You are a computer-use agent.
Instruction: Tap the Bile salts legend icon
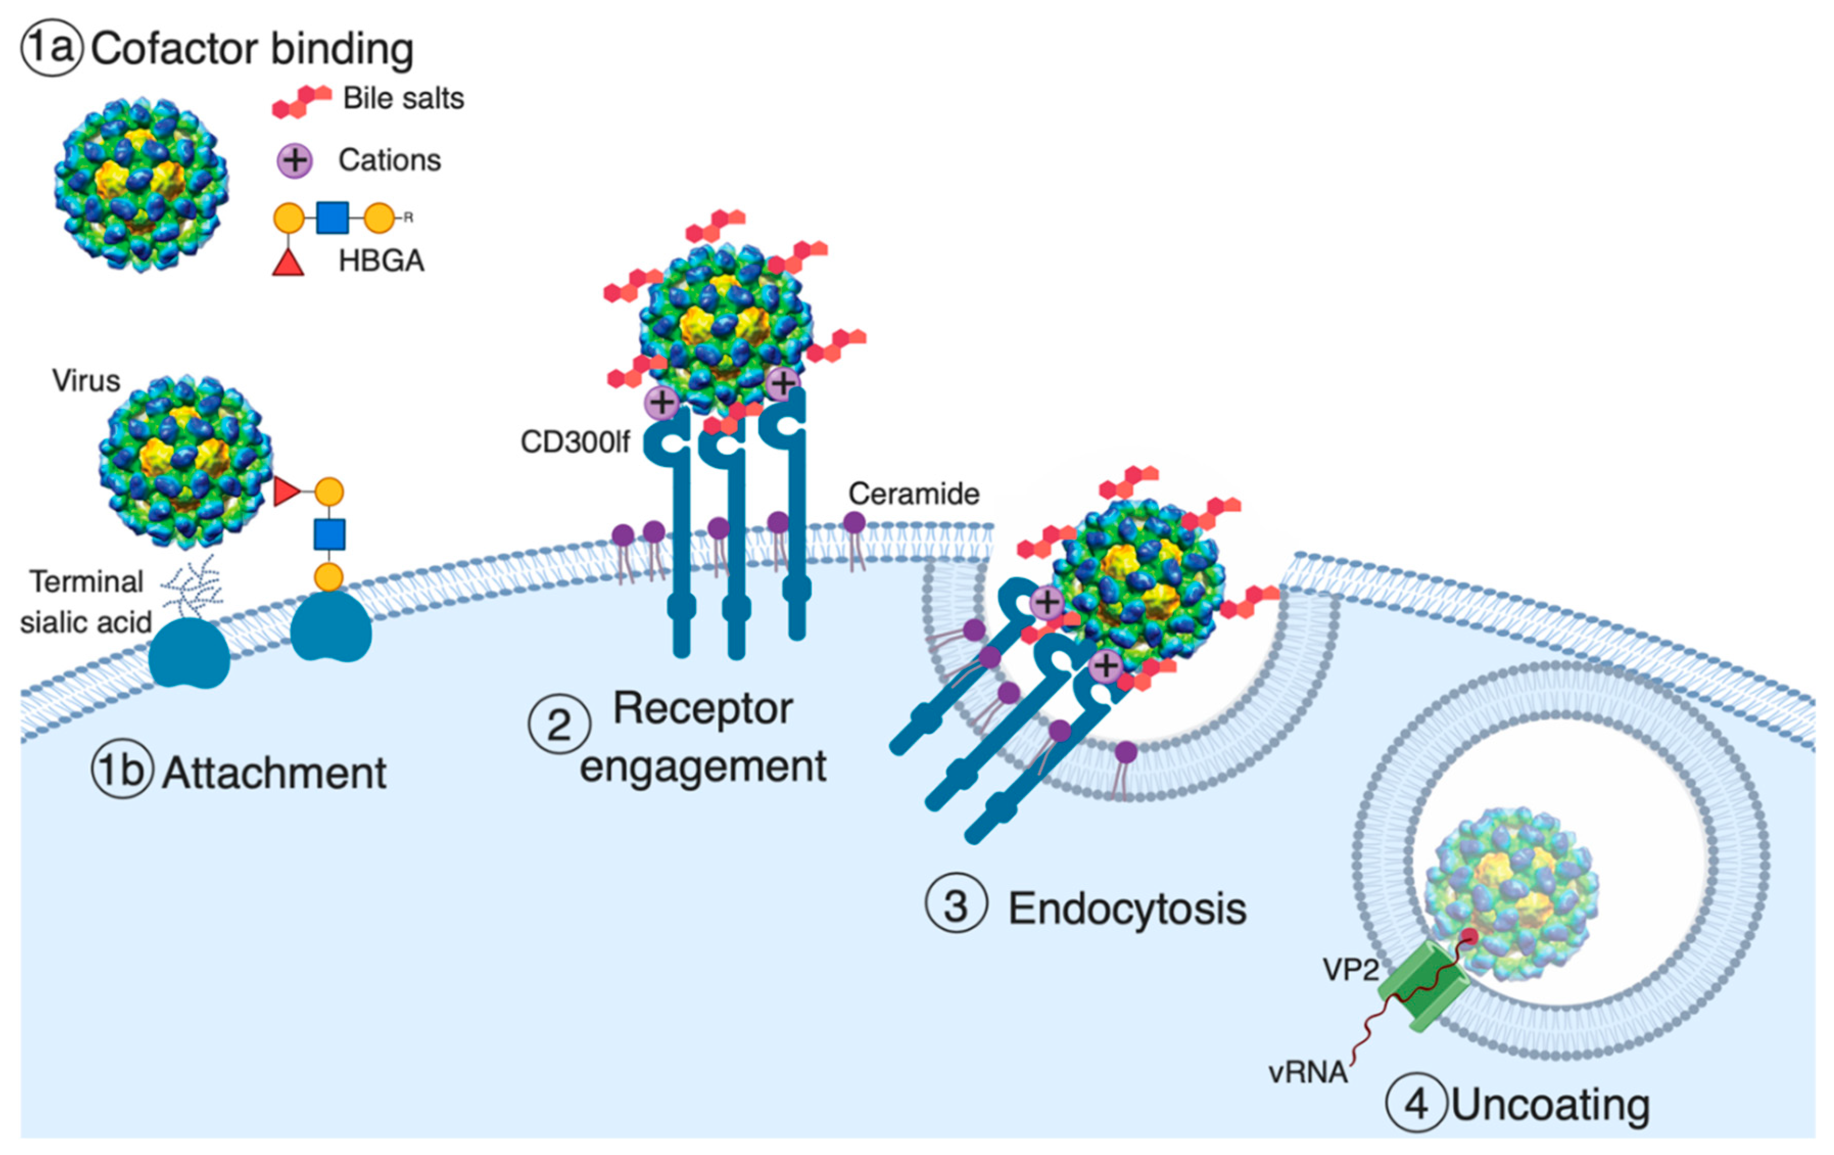click(302, 101)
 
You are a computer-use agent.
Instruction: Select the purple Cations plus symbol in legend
click(295, 161)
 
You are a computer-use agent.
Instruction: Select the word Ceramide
click(913, 494)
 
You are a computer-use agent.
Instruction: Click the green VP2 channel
click(1423, 987)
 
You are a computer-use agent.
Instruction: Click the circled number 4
click(1416, 1103)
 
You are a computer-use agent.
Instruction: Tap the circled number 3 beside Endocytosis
click(956, 906)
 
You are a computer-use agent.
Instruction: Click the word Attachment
click(274, 774)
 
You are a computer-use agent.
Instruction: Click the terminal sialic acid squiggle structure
click(192, 587)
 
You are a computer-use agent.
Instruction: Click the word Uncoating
click(1551, 1105)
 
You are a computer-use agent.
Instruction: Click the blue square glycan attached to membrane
click(330, 534)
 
